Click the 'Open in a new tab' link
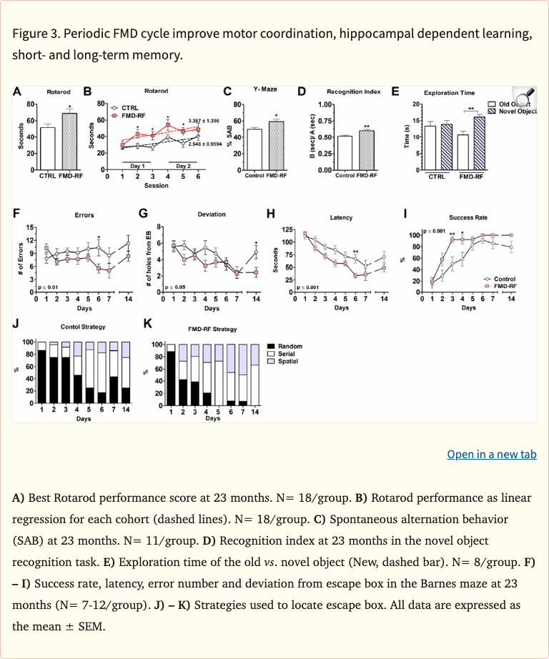491,455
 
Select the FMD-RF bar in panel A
69,141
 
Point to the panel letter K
148,324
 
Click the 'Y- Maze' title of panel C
265,89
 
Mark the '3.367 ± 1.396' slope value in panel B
203,121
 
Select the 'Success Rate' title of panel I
468,217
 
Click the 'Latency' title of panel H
341,217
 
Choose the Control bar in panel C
254,149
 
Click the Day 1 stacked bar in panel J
42,373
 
